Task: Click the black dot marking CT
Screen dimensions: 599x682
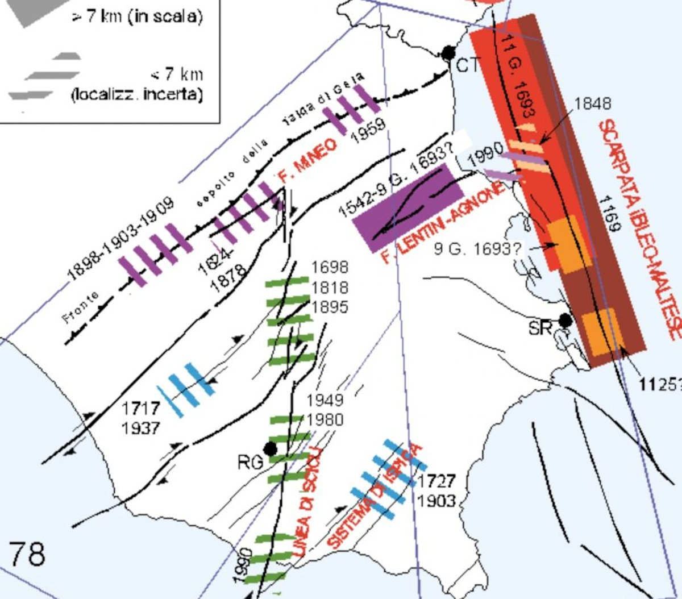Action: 448,53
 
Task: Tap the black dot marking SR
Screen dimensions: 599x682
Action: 564,321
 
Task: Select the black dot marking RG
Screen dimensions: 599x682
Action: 271,449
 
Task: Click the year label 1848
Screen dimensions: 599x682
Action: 593,103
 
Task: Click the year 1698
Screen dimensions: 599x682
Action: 330,268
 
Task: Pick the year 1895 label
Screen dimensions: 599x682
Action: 330,307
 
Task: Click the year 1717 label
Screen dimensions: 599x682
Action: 140,408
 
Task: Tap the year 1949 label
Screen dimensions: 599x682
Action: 325,400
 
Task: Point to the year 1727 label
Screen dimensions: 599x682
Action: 437,481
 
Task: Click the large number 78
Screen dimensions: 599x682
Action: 27,554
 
